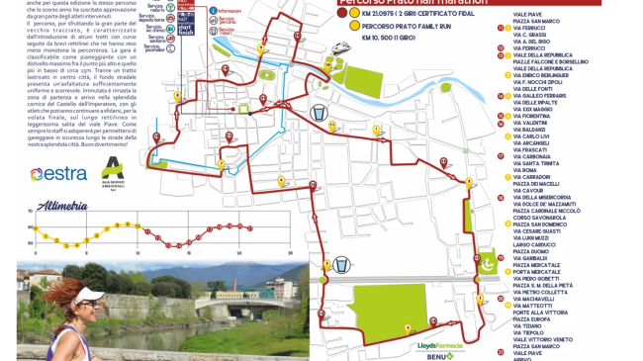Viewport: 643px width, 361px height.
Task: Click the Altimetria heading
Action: (x=62, y=207)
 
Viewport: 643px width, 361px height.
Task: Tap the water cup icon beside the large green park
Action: (x=340, y=265)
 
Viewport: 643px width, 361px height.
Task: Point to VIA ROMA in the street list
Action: (x=525, y=170)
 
